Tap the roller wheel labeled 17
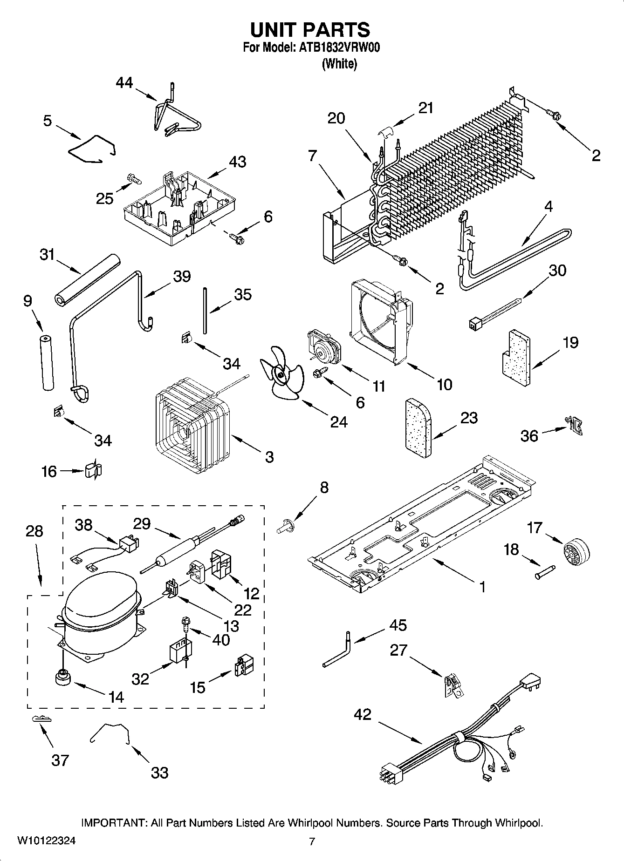pos(576,554)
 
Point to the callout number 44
pos(124,83)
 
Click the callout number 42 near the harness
pos(363,714)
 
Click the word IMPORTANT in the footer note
pos(114,823)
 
